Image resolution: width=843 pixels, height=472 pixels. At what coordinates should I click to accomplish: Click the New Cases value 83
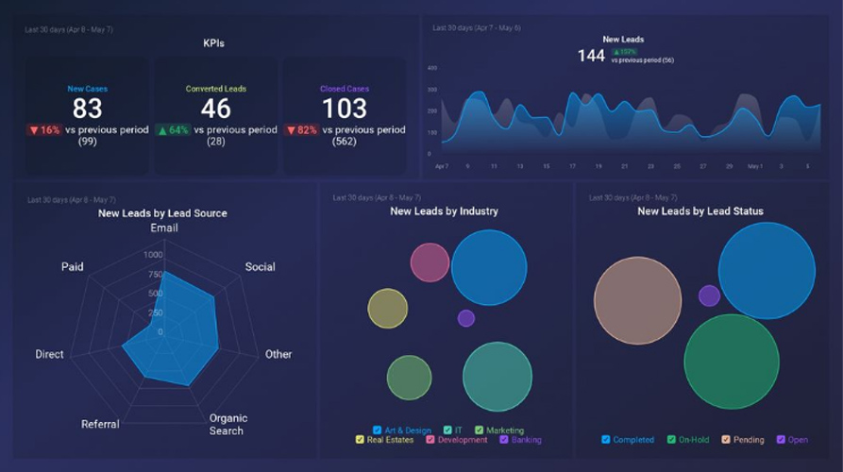click(x=87, y=109)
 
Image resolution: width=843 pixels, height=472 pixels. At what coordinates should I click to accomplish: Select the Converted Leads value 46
click(x=215, y=109)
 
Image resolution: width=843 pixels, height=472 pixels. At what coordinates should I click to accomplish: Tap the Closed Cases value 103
click(x=344, y=109)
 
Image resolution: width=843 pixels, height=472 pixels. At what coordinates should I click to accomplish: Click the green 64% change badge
click(x=174, y=130)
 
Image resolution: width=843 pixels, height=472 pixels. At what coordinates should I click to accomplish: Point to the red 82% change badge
click(x=302, y=130)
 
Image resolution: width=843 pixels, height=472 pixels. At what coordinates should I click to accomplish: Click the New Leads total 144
click(x=591, y=56)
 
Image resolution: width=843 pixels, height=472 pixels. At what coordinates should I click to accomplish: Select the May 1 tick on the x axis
click(x=755, y=166)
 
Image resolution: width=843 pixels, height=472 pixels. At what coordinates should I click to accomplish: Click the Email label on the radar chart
click(x=164, y=228)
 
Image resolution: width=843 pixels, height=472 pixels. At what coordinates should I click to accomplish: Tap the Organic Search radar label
click(x=228, y=425)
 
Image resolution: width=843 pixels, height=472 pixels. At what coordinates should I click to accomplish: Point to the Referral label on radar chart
click(x=100, y=425)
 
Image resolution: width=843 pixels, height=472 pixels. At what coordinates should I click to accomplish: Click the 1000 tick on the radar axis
click(x=153, y=255)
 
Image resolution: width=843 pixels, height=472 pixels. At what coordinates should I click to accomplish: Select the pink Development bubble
click(x=430, y=262)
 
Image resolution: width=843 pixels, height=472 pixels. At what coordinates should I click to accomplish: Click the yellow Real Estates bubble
click(x=387, y=309)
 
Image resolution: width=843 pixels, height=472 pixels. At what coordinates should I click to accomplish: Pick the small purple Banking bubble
click(x=465, y=318)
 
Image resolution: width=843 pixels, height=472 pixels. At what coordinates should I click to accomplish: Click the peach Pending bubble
click(x=637, y=300)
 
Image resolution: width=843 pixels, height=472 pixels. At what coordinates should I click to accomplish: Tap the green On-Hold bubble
click(x=731, y=362)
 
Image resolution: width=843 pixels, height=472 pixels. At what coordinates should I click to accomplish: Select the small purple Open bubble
click(x=709, y=295)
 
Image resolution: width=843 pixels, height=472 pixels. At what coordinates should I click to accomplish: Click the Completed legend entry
click(x=628, y=440)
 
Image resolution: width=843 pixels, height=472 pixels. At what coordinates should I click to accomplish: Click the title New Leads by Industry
click(x=444, y=211)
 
